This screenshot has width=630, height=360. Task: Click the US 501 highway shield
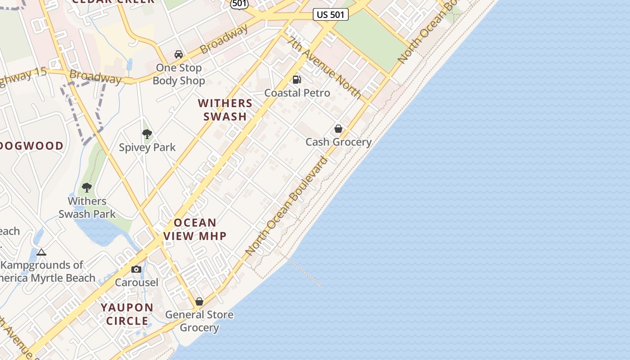(x=330, y=14)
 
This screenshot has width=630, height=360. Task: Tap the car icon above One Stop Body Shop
(x=179, y=54)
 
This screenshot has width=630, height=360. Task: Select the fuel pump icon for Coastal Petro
(x=297, y=80)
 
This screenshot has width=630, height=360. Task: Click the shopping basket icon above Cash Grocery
(x=338, y=129)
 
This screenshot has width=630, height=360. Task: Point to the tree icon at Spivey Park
(x=147, y=134)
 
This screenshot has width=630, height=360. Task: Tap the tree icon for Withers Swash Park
(x=87, y=187)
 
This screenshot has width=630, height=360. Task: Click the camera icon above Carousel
(x=136, y=269)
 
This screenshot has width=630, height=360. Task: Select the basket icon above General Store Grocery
(x=199, y=301)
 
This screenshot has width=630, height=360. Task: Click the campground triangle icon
(x=41, y=252)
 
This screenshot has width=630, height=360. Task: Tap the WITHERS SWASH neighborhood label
(x=225, y=110)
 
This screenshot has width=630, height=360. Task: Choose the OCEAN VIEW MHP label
(x=195, y=229)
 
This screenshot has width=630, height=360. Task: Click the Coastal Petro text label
(x=297, y=93)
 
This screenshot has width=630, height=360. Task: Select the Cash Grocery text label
(x=338, y=142)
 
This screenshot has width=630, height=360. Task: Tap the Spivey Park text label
(x=147, y=148)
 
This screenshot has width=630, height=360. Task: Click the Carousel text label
(x=136, y=283)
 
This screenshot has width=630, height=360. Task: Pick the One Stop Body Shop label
(x=179, y=74)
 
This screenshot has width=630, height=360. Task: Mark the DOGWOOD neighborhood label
(x=31, y=146)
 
